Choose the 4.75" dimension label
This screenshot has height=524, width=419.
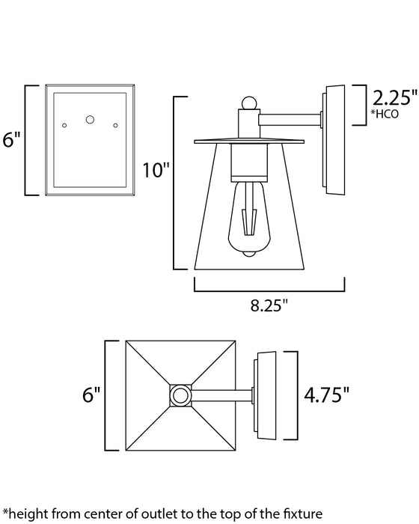(x=327, y=394)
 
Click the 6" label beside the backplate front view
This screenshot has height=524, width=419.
(x=10, y=141)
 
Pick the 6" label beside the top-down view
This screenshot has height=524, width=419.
(x=91, y=394)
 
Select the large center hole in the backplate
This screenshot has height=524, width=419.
(x=91, y=119)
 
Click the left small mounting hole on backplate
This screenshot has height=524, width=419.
(x=65, y=124)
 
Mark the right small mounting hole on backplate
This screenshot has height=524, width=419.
(x=116, y=124)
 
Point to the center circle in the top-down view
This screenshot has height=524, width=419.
(x=179, y=394)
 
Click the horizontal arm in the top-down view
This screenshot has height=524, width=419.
(x=221, y=394)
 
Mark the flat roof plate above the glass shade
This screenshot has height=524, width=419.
(x=249, y=141)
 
